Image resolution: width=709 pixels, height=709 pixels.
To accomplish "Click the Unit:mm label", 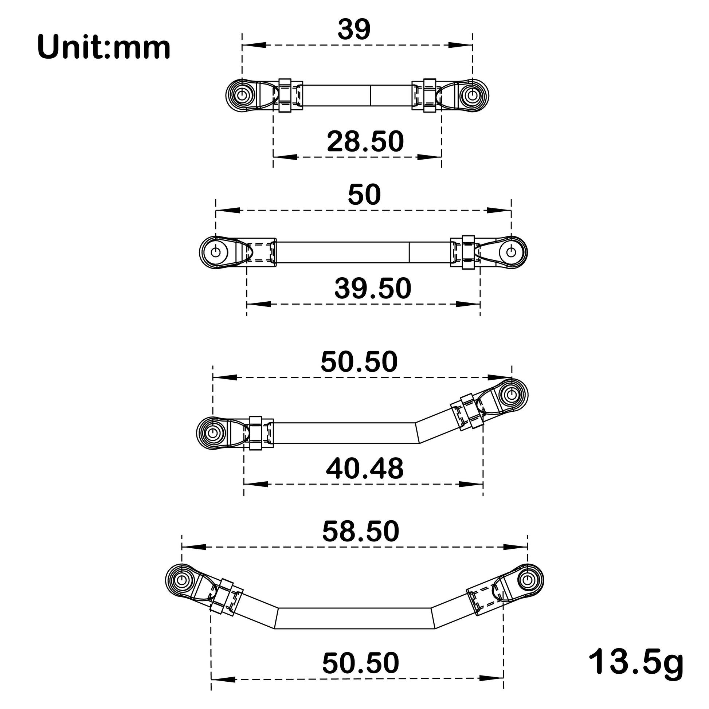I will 104,48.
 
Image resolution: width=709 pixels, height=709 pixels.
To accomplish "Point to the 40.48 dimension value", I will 364,468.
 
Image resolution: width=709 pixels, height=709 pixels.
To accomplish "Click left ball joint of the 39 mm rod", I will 242,95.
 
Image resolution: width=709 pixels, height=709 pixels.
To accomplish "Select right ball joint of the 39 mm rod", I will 473,95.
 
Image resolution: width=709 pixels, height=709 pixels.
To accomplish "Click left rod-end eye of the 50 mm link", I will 216,252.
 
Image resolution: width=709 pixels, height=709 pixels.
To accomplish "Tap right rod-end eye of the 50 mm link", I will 511,252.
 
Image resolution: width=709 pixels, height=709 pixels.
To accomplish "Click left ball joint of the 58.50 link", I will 182,580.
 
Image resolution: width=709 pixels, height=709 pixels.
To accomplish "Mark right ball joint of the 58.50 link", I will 527,580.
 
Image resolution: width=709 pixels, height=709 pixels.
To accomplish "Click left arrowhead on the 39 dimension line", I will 254,45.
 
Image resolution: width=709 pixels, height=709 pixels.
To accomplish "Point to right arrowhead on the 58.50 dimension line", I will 515,547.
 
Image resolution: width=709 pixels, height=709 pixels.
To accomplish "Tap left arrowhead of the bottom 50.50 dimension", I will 223,679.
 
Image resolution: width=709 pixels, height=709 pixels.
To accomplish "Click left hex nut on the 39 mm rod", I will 285,95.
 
